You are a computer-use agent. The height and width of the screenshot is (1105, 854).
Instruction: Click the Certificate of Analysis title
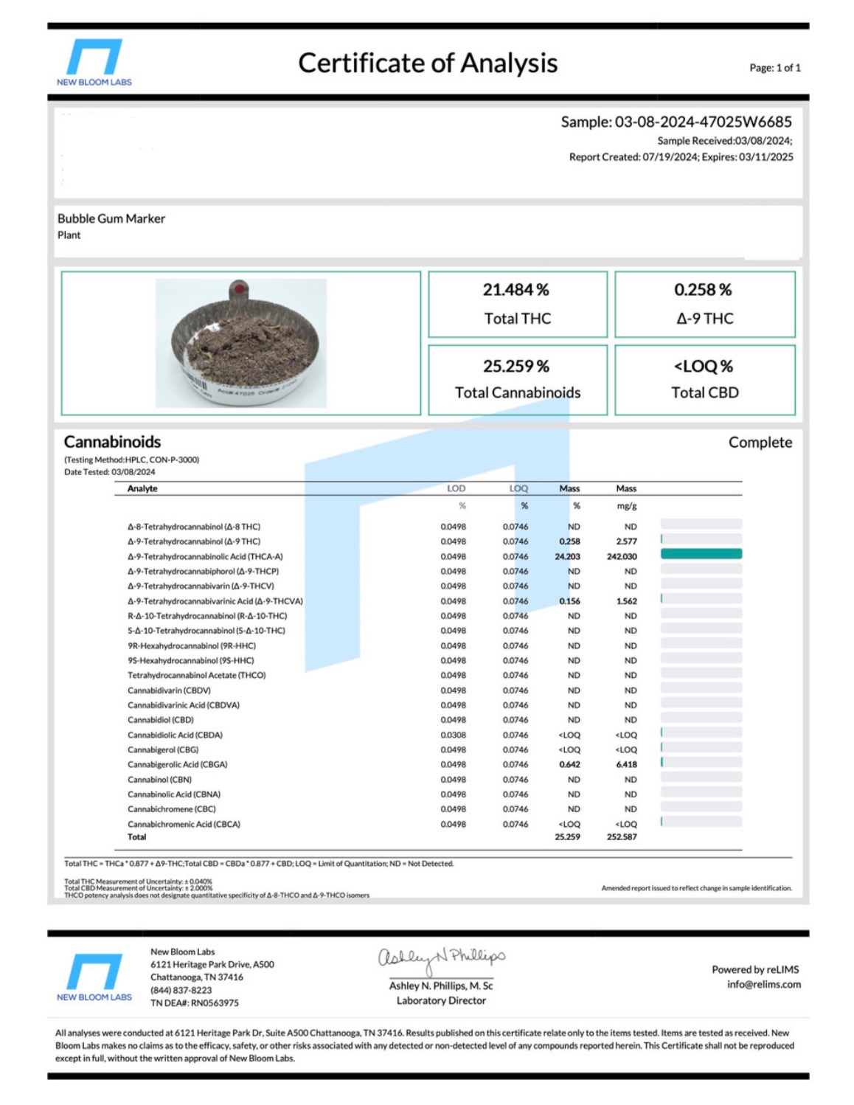pyautogui.click(x=427, y=63)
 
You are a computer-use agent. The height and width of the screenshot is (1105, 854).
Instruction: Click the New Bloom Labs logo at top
pyautogui.click(x=94, y=63)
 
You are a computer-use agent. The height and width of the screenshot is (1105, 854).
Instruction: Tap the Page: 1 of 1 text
pyautogui.click(x=774, y=68)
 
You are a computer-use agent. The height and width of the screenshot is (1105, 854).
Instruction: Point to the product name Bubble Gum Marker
pyautogui.click(x=111, y=218)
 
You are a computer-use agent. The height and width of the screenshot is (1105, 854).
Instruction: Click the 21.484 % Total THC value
pyautogui.click(x=515, y=290)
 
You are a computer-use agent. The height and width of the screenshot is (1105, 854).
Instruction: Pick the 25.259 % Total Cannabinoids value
pyautogui.click(x=515, y=367)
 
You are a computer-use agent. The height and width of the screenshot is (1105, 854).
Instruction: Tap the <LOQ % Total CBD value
pyautogui.click(x=703, y=367)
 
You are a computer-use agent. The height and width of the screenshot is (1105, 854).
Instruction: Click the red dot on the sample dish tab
pyautogui.click(x=239, y=288)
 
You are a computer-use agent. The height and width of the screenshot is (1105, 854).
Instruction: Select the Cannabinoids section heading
pyautogui.click(x=112, y=442)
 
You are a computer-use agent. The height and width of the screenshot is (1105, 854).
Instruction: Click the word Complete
pyautogui.click(x=760, y=443)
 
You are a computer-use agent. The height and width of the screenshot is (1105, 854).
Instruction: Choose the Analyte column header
pyautogui.click(x=142, y=488)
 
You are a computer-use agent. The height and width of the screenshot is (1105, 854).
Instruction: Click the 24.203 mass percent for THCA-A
pyautogui.click(x=567, y=557)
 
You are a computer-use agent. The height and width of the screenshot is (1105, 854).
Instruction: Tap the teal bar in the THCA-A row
pyautogui.click(x=701, y=554)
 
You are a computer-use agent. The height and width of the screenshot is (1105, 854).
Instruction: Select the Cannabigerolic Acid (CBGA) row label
pyautogui.click(x=177, y=765)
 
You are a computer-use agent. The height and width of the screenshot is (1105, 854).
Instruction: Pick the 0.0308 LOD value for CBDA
pyautogui.click(x=453, y=735)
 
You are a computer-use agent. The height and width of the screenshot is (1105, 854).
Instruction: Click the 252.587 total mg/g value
pyautogui.click(x=621, y=837)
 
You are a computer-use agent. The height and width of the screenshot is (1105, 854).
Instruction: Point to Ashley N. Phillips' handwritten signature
pyautogui.click(x=441, y=957)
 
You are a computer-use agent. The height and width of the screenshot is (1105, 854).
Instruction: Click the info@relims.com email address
pyautogui.click(x=763, y=985)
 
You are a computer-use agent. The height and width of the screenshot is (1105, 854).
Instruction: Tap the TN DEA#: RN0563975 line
pyautogui.click(x=195, y=1003)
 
